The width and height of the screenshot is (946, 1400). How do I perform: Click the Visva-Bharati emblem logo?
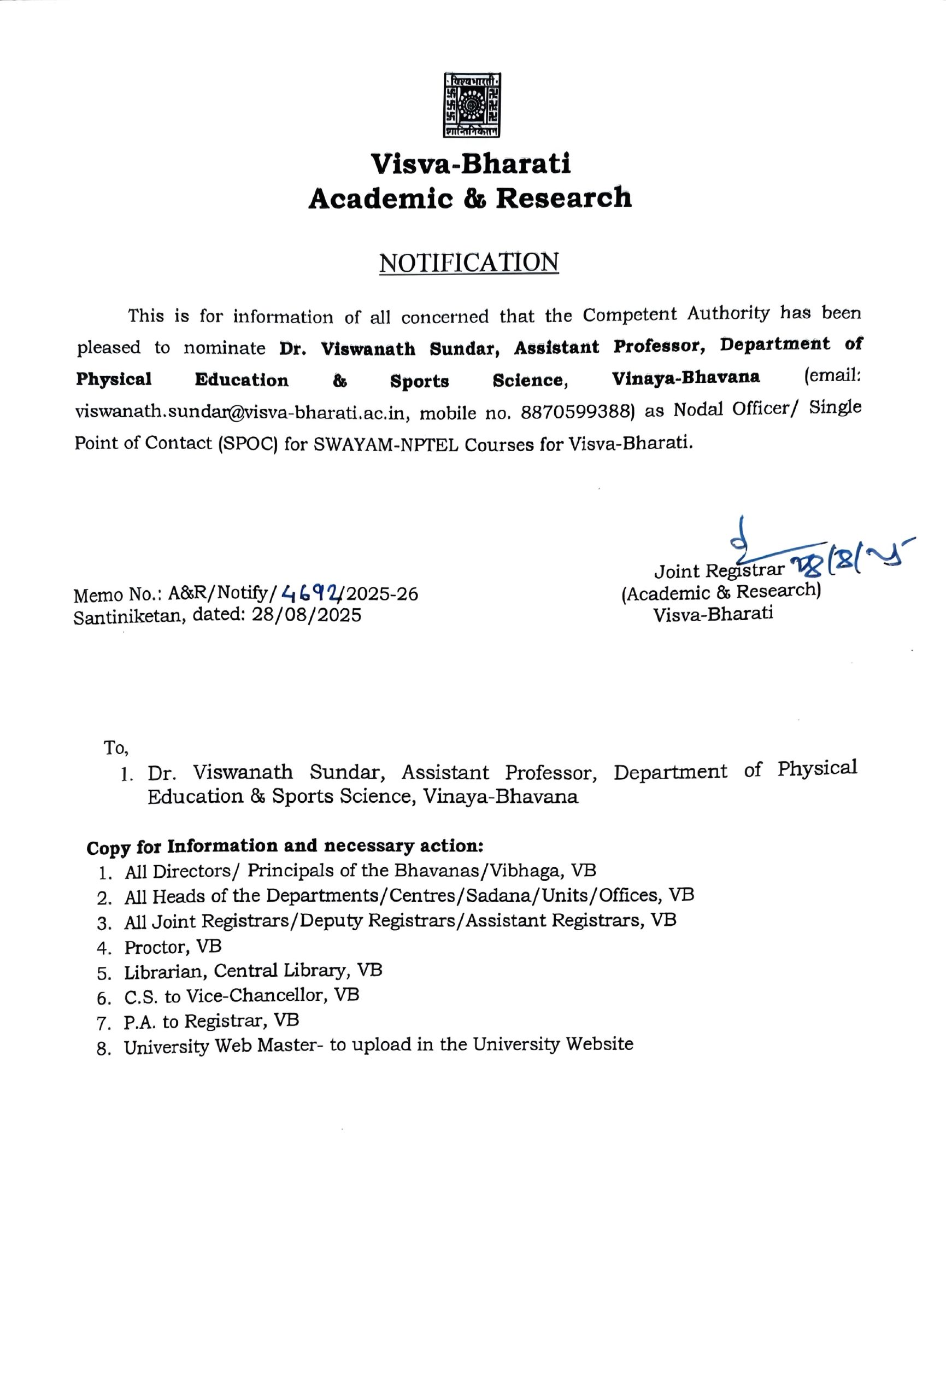pos(472,105)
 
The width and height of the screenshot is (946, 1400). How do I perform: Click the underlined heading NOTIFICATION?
pos(468,262)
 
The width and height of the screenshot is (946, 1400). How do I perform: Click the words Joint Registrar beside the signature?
pos(719,570)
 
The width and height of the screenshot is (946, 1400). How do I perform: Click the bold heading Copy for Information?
pos(284,847)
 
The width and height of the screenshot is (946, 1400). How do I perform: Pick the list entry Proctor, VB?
pos(173,947)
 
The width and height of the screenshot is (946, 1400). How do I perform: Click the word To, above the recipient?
pos(116,749)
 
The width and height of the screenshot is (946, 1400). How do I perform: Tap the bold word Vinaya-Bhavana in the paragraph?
pos(685,378)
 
